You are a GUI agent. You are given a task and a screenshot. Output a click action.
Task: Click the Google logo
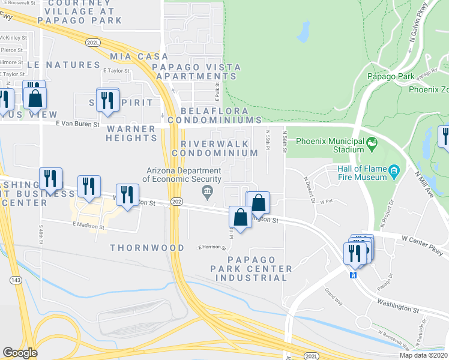click(x=20, y=353)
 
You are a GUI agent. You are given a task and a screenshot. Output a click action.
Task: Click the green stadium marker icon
click(x=372, y=143)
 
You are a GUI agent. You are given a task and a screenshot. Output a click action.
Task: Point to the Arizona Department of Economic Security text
click(x=182, y=175)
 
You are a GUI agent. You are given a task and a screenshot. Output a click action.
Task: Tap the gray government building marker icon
click(x=207, y=191)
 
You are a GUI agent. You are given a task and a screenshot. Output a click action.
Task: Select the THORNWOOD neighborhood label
click(x=147, y=248)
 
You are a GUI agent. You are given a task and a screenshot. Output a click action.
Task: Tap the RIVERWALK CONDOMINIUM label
click(x=219, y=149)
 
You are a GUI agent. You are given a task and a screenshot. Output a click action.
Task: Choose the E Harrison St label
click(x=211, y=247)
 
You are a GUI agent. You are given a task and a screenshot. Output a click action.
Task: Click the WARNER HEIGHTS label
click(x=131, y=133)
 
